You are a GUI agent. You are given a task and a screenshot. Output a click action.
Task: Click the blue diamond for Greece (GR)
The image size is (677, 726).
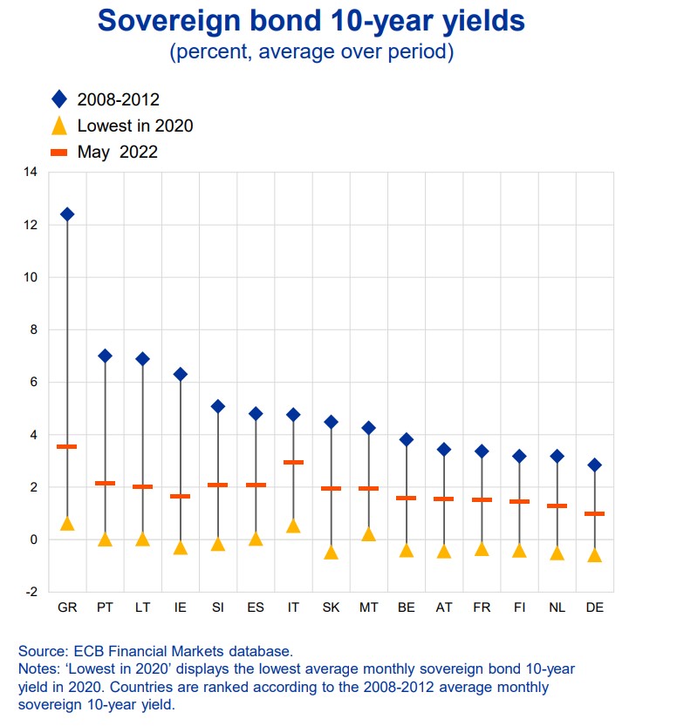point(67,214)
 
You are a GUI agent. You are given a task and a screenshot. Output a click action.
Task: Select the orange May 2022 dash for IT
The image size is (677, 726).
point(293,462)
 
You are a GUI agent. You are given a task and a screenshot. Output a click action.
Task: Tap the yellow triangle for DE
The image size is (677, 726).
point(594,554)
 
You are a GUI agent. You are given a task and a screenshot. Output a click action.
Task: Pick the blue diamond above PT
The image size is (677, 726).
point(105,356)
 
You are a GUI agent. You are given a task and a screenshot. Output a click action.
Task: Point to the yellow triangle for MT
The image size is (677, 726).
point(368,533)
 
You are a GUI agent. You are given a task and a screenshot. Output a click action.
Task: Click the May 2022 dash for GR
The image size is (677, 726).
point(67,446)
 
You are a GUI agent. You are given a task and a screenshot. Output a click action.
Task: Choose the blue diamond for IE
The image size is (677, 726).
point(180,375)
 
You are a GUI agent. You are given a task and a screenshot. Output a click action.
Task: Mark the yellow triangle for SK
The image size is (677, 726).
point(331,552)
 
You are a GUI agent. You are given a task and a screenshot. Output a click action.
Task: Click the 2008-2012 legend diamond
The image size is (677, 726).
point(59,99)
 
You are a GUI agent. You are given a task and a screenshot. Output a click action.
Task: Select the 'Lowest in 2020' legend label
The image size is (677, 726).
point(135,126)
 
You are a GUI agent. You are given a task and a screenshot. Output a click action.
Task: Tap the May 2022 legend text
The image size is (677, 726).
point(118,152)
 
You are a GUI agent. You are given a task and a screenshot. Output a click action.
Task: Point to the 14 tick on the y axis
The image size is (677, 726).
point(31,173)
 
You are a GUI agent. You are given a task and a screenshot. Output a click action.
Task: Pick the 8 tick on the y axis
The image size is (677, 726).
point(33,330)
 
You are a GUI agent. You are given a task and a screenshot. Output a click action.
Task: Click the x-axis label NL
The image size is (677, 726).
point(557,607)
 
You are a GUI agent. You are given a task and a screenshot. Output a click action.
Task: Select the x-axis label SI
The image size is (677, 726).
point(217,607)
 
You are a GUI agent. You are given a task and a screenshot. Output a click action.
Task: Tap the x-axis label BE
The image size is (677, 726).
point(406,607)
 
